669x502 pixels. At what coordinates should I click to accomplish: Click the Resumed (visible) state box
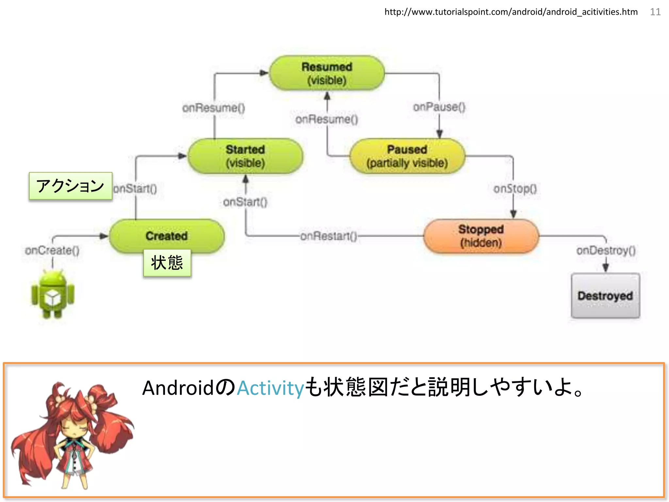[x=327, y=73]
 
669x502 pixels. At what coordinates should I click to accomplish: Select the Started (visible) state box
[x=245, y=156]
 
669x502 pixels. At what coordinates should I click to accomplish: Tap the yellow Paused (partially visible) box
[x=407, y=156]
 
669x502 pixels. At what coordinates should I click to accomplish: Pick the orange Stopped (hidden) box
[x=481, y=236]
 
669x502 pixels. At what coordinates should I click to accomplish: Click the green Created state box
[x=167, y=235]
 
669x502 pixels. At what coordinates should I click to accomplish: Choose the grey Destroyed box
[x=605, y=295]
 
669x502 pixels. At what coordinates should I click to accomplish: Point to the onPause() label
[x=439, y=107]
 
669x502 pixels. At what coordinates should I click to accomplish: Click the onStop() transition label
[x=515, y=189]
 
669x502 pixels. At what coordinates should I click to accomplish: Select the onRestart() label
[x=328, y=236]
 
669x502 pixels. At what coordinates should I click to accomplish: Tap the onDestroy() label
[x=606, y=251]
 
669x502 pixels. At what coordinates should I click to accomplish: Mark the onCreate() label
[x=52, y=251]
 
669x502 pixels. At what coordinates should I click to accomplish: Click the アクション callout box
[x=71, y=186]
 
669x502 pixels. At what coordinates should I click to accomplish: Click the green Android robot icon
[x=53, y=294]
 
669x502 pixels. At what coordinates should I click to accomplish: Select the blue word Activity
[x=270, y=388]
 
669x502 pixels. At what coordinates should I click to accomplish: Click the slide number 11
[x=655, y=12]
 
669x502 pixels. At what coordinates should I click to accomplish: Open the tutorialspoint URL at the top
[x=511, y=12]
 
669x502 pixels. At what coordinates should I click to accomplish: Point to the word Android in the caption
[x=178, y=388]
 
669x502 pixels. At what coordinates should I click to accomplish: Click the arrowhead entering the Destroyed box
[x=606, y=268]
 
